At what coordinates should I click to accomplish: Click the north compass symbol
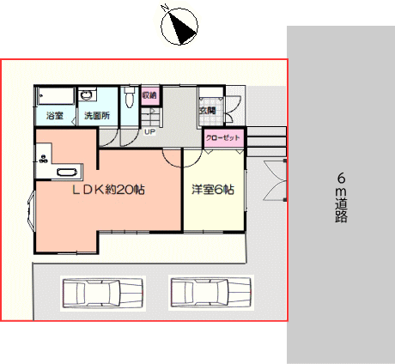coord(179,27)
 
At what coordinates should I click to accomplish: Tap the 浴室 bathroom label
coord(55,116)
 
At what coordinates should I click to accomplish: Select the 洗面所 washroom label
coord(97,116)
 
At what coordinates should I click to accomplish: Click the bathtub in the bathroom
coord(57,95)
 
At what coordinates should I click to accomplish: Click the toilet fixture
coord(130,97)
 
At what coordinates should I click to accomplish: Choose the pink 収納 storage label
coord(149,95)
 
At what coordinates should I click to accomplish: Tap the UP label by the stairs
coord(149,132)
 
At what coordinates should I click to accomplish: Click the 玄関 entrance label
coord(208,111)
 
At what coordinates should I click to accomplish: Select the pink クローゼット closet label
coord(223,137)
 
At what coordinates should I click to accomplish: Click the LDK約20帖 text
coord(108,190)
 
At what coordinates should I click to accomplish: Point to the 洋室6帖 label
coord(213,190)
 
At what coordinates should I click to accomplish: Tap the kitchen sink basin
coord(67,172)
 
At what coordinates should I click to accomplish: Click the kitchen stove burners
coord(43,159)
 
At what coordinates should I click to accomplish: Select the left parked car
coord(103,294)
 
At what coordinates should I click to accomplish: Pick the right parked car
coord(211,293)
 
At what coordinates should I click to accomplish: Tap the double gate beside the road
coord(276,180)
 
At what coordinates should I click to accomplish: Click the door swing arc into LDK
coord(173,161)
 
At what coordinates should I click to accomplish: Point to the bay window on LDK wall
coord(31,209)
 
